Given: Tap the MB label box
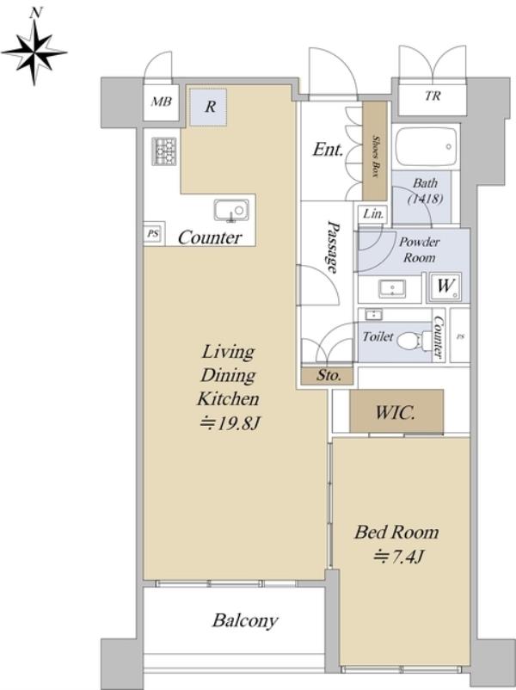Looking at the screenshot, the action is tap(161, 102).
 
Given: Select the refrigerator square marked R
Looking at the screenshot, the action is tap(208, 108).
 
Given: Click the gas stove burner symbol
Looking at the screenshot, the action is tap(164, 151).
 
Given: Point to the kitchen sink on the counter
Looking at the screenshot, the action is tap(231, 210).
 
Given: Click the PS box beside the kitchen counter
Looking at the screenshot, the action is tap(152, 234).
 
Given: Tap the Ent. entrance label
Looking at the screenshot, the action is tap(328, 150).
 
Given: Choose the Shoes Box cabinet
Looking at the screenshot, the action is tap(374, 151).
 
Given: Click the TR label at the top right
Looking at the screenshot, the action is tap(433, 95).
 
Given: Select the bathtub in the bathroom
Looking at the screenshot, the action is tap(426, 147).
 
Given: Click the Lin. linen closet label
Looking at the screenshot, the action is tap(373, 214).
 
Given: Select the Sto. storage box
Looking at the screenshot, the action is tap(328, 375).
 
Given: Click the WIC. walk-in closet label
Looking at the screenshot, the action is tap(396, 412).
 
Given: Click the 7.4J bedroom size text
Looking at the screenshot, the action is tap(398, 558).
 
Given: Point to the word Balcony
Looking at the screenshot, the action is tap(245, 620).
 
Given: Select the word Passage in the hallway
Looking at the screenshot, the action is tap(335, 247).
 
